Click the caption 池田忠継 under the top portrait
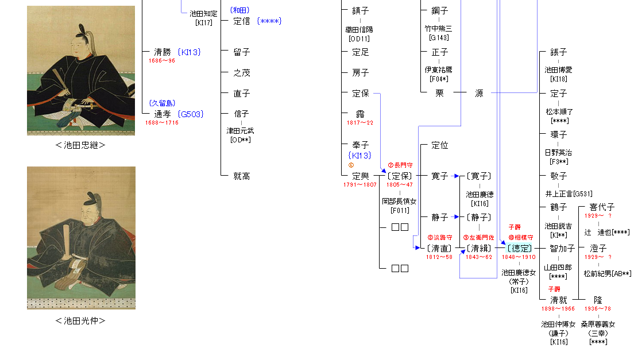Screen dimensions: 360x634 [x=80, y=145]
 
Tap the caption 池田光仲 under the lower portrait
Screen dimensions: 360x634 [x=80, y=321]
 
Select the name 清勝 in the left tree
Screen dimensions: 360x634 [x=163, y=52]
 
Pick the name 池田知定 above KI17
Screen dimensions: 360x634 [x=204, y=14]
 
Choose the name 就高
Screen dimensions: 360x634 [x=242, y=176]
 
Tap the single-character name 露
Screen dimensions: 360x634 [x=360, y=114]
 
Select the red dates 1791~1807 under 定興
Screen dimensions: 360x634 [x=360, y=184]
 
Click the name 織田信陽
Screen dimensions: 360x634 [x=360, y=30]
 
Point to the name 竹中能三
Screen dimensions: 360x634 [x=439, y=29]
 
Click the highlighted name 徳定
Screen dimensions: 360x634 [x=519, y=248]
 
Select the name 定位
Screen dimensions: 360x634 [x=439, y=146]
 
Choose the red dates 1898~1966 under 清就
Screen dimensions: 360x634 [x=558, y=308]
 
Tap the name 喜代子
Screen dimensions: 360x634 [x=602, y=207]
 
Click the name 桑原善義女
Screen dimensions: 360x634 [x=598, y=324]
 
